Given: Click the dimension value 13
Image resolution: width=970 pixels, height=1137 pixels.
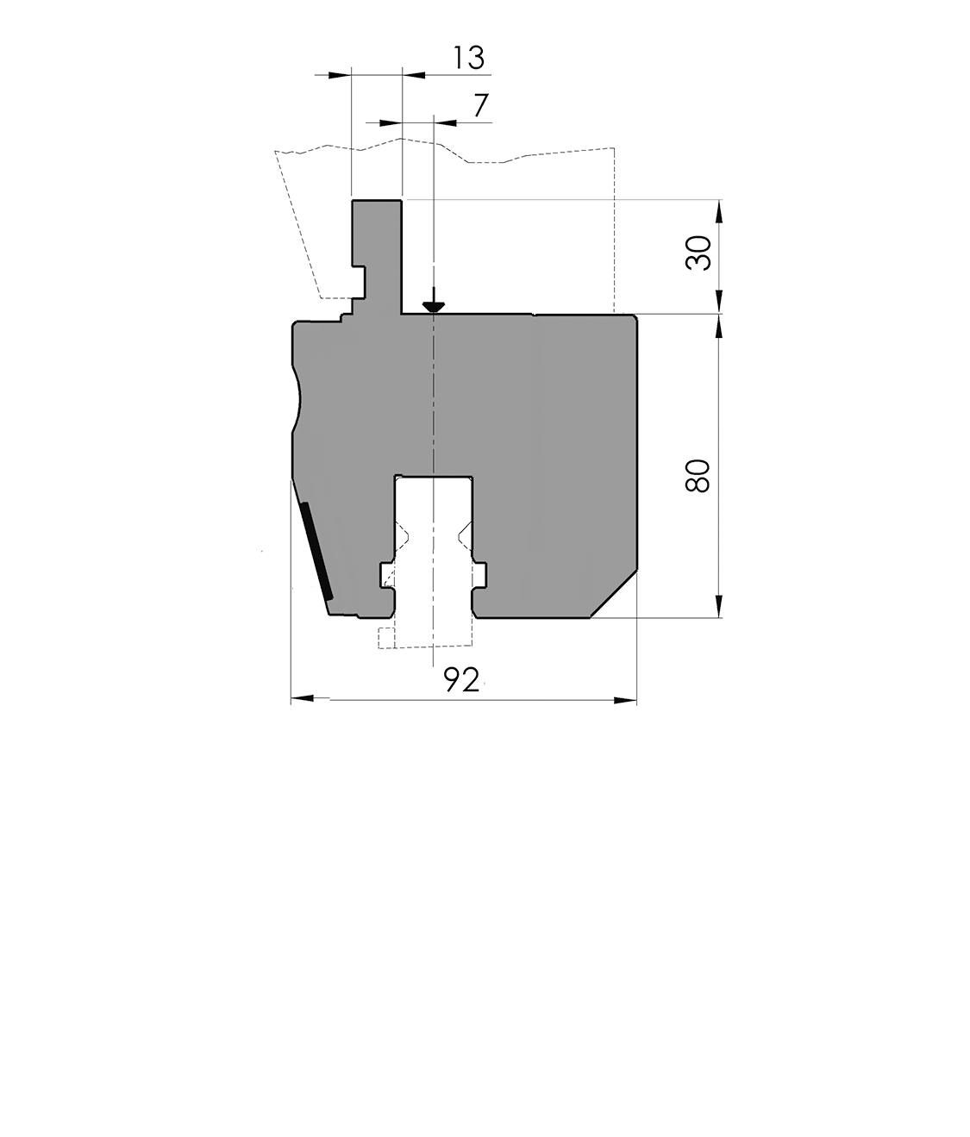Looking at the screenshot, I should coord(468,58).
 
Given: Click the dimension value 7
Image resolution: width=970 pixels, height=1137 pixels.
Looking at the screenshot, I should coord(481,105).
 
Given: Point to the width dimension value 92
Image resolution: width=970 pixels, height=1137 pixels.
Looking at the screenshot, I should coord(461,680).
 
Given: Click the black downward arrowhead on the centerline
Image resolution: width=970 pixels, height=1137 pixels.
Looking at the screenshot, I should coord(433,305).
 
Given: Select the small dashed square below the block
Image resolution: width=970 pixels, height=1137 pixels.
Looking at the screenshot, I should coord(386,638).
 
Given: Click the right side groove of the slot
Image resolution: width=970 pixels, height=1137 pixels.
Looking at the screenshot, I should coord(480,573).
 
